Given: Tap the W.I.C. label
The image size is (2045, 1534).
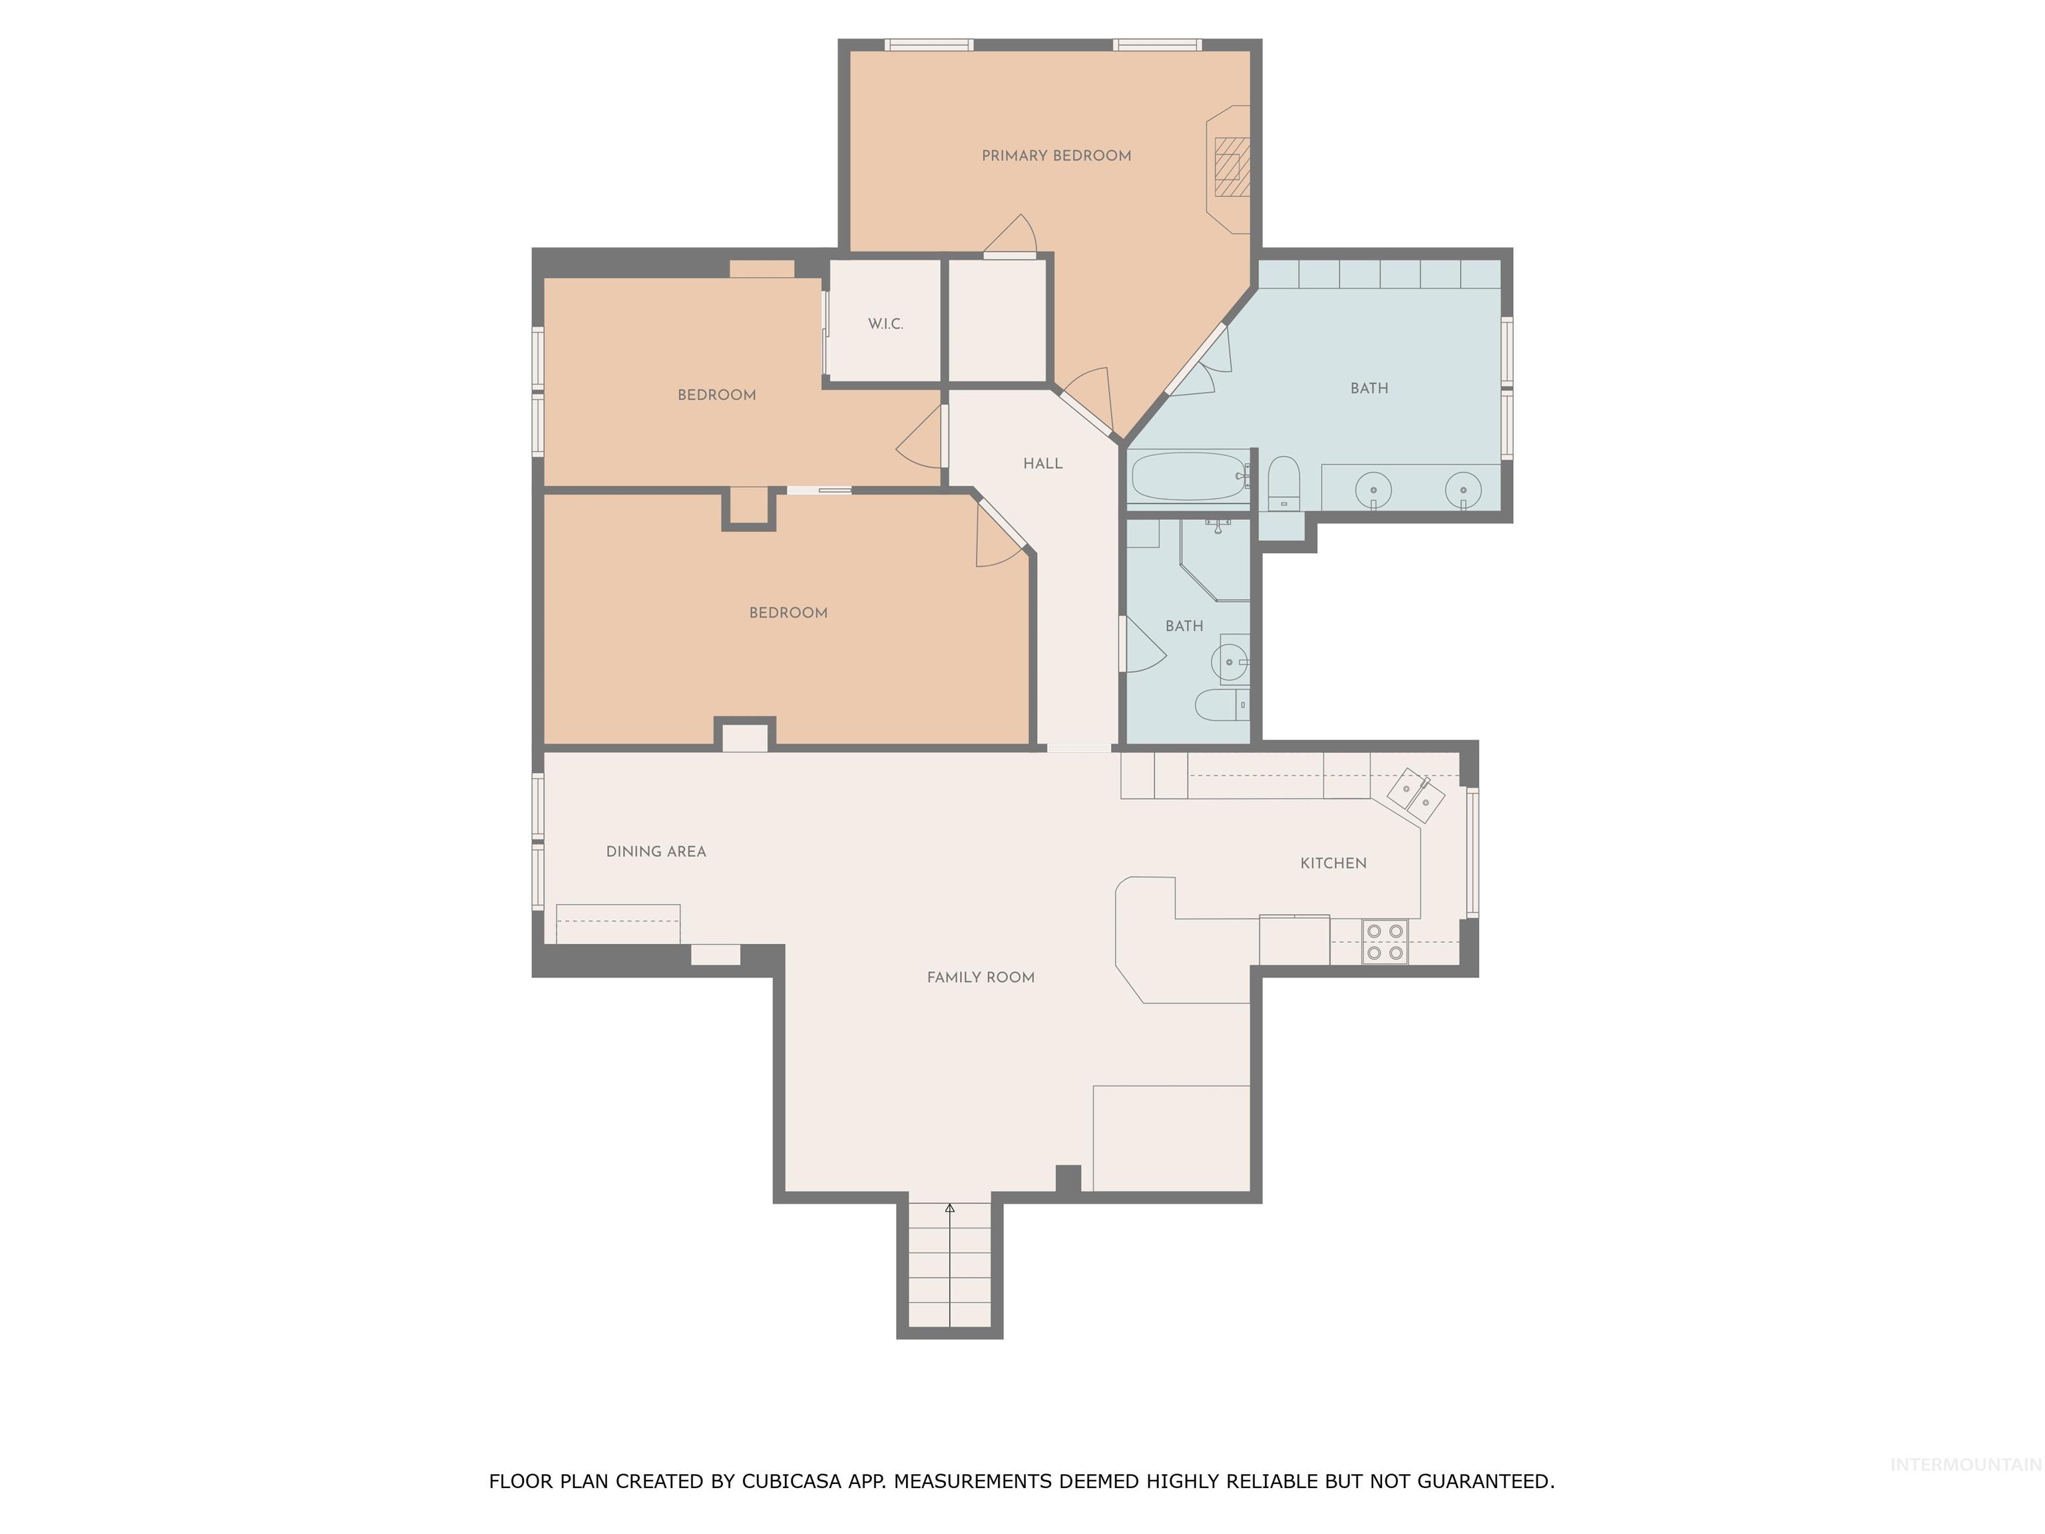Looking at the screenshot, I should click(x=885, y=324).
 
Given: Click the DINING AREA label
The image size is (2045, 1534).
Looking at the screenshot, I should click(x=656, y=852).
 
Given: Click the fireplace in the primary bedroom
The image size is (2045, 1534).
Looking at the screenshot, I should click(x=1229, y=167).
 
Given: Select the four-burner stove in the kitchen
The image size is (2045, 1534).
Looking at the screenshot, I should click(x=1385, y=941).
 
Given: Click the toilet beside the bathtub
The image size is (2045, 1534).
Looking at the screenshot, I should click(x=1283, y=483).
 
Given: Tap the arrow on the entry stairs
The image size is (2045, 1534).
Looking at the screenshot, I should click(x=949, y=1208).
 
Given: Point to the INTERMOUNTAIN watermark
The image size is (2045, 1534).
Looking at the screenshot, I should click(x=1964, y=1463).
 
